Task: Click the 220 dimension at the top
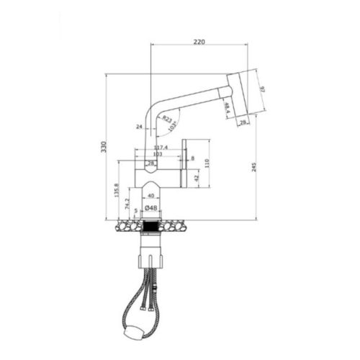[199, 42]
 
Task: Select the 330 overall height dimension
[103, 147]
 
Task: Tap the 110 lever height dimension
[207, 163]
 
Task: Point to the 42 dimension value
[196, 176]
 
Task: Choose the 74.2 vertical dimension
[127, 204]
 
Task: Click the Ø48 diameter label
[151, 208]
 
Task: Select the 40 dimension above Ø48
[150, 195]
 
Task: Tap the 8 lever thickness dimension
[193, 158]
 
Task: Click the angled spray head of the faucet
[242, 94]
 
